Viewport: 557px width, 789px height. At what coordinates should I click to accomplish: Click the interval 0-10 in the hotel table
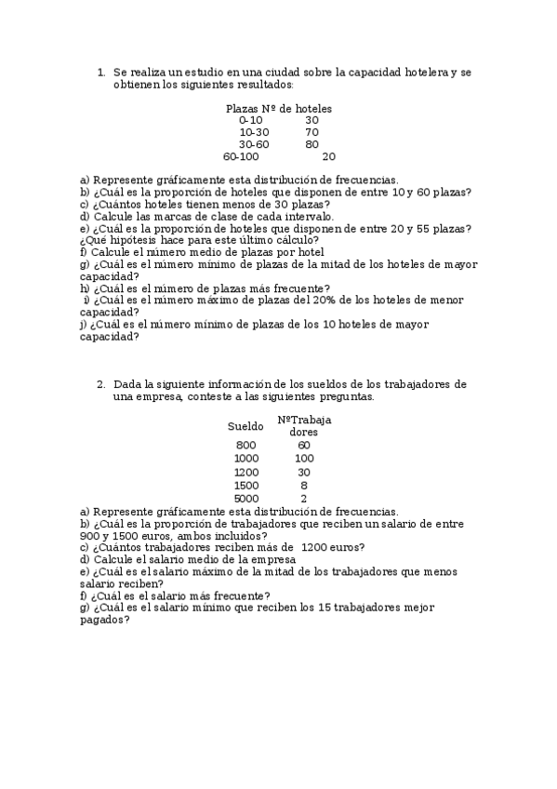tap(251, 120)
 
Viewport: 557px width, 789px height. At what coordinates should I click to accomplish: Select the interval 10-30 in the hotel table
tap(254, 132)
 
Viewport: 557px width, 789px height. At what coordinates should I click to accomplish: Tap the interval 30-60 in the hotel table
tap(254, 144)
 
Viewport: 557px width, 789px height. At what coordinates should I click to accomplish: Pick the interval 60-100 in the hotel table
tap(241, 156)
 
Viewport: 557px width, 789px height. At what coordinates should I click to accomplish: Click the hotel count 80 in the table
tap(312, 144)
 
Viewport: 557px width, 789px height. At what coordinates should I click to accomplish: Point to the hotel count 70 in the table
tap(312, 132)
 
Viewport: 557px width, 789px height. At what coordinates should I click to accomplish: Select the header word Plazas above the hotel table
tap(242, 108)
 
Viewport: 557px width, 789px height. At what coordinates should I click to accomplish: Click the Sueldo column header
tap(245, 426)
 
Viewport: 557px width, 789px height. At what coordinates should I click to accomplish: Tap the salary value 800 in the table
tap(245, 445)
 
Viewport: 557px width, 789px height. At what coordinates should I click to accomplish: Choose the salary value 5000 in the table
tap(246, 499)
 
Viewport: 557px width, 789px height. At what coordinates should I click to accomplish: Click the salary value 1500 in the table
tap(246, 486)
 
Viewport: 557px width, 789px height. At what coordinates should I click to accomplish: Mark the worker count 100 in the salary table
tap(304, 459)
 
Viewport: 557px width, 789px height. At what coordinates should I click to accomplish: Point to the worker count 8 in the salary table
tap(304, 486)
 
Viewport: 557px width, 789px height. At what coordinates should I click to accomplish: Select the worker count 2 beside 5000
tap(304, 499)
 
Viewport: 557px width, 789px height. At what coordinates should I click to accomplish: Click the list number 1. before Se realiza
tap(100, 72)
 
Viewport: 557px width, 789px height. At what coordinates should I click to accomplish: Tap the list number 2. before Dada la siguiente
tap(100, 384)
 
